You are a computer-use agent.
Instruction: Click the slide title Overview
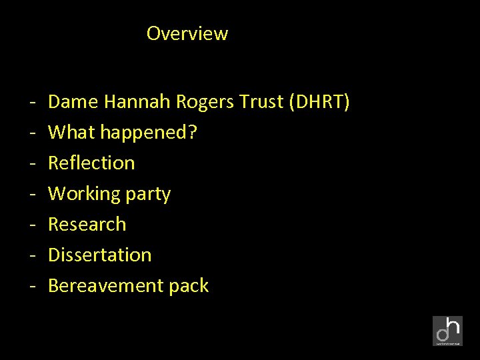(187, 33)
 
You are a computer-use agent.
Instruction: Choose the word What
(72, 133)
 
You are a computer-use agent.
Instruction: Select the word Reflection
(91, 163)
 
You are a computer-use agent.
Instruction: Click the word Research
(87, 225)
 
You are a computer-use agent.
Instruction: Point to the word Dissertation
(100, 255)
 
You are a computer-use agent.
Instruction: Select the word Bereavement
(106, 286)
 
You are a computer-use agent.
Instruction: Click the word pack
(189, 286)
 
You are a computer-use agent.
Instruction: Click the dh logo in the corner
(447, 331)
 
